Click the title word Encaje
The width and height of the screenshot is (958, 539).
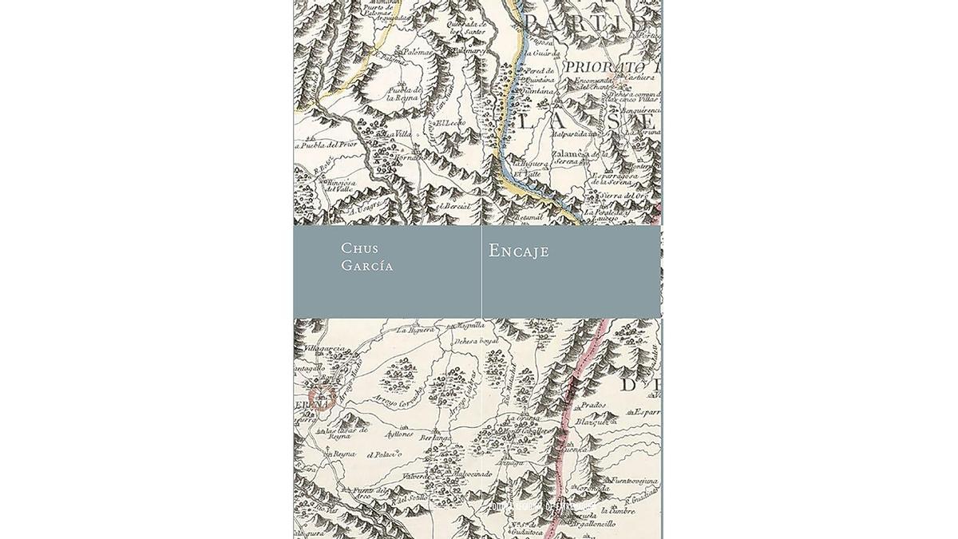519,251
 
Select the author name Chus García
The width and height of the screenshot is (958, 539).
366,257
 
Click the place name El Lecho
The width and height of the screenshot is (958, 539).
445,124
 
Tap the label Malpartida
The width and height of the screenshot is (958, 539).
573,134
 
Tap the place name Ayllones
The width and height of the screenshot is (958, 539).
399,434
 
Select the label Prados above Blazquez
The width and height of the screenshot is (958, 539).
593,405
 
